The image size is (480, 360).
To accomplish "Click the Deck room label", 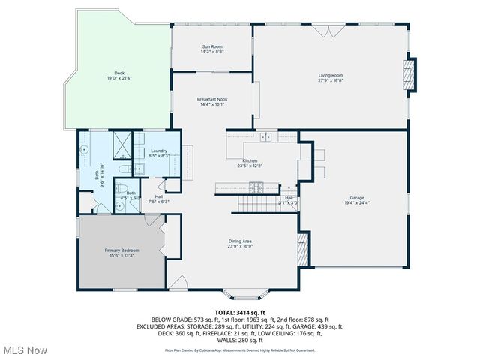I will [114, 75].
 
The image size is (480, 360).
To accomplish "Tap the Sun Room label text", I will [211, 49].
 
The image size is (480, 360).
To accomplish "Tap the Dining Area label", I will [240, 243].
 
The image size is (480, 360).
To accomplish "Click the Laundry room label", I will [159, 153].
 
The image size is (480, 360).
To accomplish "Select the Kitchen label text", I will [250, 163].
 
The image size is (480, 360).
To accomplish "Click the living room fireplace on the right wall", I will [409, 75].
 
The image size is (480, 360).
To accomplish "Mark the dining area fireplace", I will [303, 247].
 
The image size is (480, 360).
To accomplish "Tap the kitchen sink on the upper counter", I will [265, 136].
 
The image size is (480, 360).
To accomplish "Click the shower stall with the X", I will [122, 144].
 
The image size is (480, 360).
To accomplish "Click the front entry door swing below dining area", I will [178, 283].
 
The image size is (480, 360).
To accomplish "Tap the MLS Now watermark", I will [24, 350].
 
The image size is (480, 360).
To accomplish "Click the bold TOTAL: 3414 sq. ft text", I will [240, 311].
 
